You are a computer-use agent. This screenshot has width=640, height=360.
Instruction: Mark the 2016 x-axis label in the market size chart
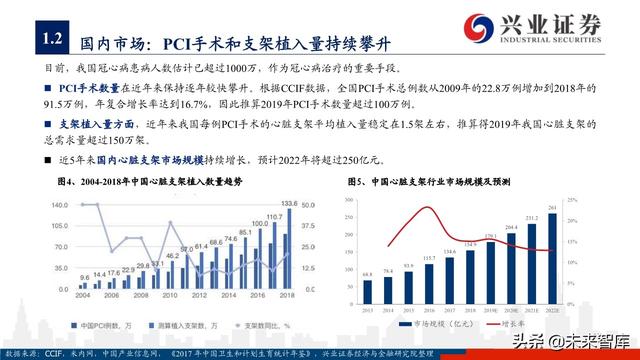(428, 311)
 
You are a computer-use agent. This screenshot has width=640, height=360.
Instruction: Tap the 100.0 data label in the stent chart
(259, 222)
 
